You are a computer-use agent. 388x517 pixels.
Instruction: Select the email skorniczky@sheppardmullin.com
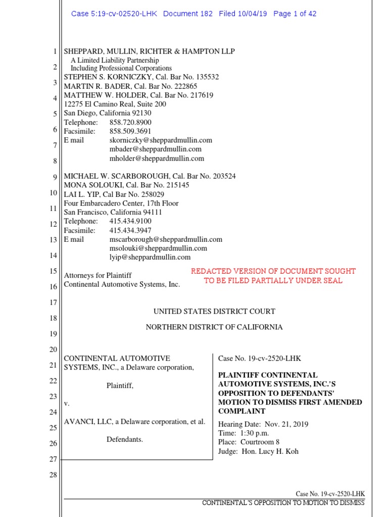point(161,140)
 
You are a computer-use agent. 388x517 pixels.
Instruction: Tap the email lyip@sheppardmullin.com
point(150,257)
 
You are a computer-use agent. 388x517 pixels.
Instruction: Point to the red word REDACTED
point(212,272)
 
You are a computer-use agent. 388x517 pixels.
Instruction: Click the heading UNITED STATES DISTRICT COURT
point(214,312)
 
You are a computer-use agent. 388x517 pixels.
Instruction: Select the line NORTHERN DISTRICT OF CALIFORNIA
point(214,327)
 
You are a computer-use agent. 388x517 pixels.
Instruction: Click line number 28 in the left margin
point(53,476)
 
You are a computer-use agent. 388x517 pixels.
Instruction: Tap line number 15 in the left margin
point(53,272)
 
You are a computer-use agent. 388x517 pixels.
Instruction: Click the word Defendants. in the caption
point(124,440)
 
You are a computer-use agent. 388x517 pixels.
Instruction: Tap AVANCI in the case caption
point(79,422)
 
